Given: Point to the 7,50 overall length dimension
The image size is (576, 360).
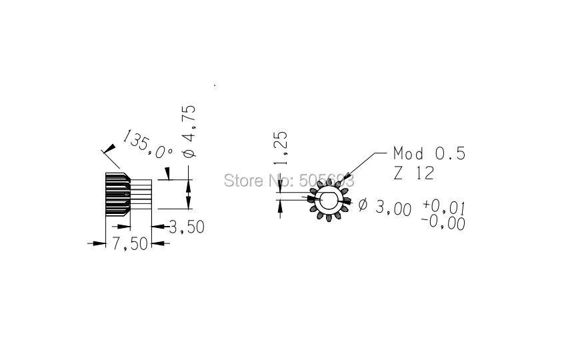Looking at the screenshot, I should point(129,244).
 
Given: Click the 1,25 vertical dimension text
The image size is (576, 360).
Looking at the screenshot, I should point(281,148).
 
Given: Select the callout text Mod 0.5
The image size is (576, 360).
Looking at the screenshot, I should point(429,154).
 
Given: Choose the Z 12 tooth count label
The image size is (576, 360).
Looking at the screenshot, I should point(413,173).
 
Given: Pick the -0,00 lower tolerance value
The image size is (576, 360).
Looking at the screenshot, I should point(443,223).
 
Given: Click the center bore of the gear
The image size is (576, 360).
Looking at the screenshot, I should point(329,199).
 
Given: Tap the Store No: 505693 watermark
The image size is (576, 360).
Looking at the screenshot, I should point(287,180).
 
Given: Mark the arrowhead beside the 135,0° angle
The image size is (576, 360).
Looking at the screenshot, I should point(105,151).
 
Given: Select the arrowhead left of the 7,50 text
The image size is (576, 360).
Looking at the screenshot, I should point(99,244).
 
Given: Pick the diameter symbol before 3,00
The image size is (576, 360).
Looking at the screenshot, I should point(363,205).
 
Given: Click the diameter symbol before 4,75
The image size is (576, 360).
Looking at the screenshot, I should point(188,153).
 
